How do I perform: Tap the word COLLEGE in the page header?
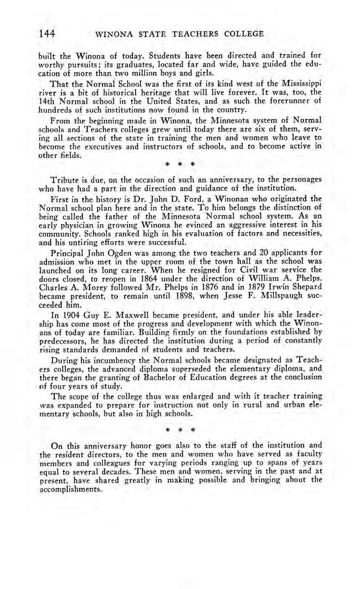pos(242,33)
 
